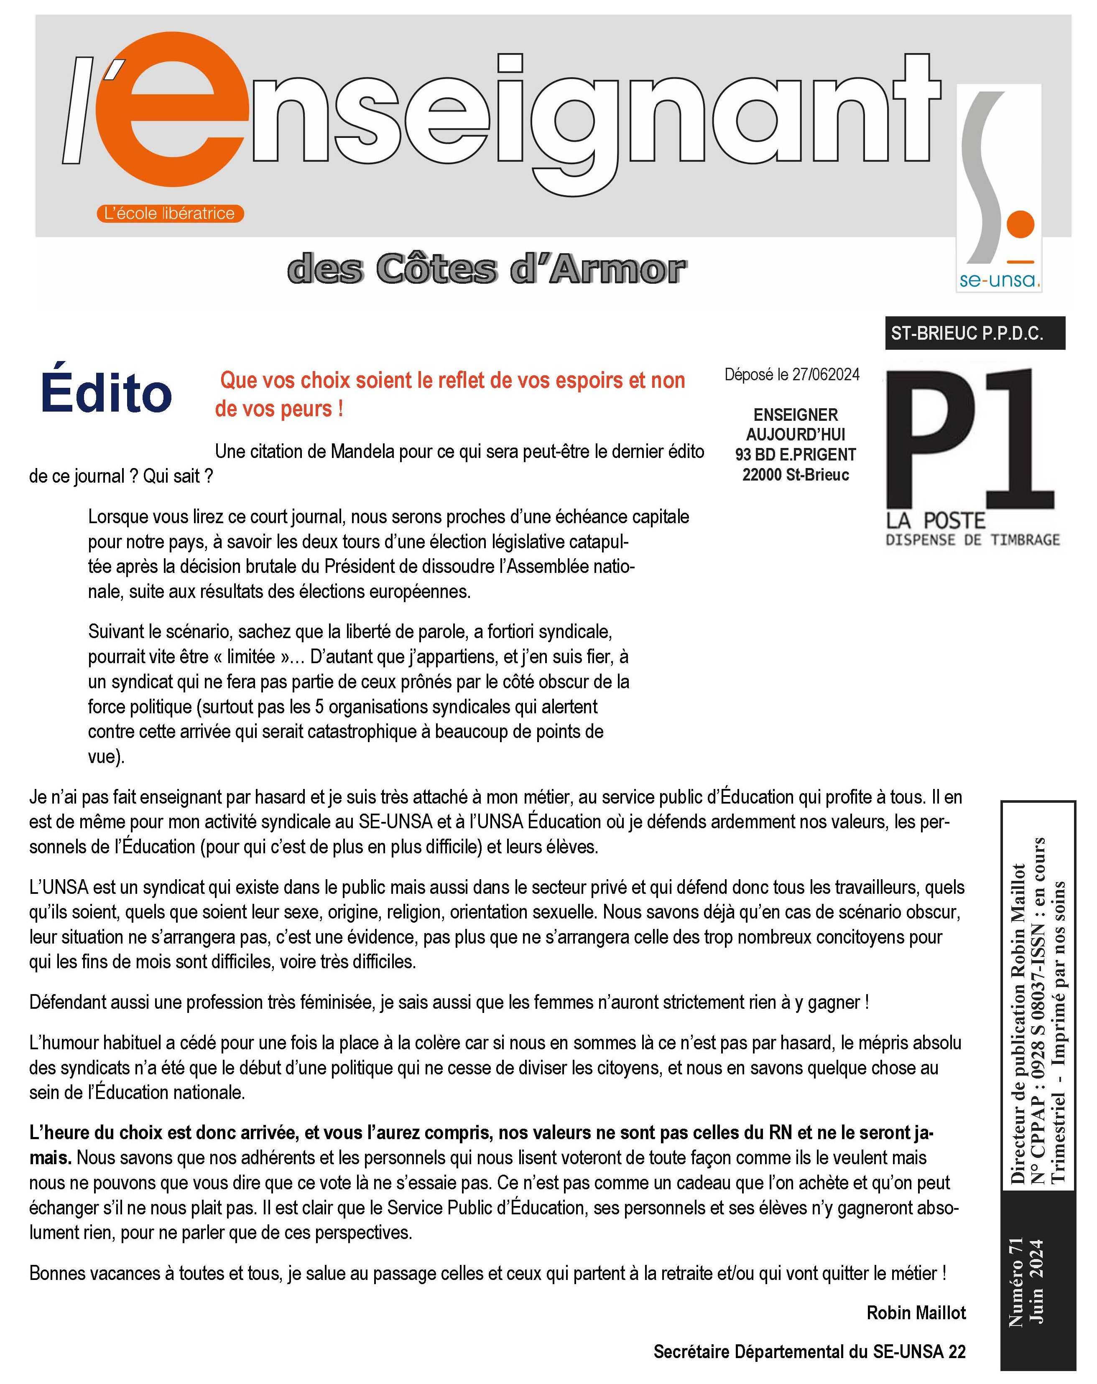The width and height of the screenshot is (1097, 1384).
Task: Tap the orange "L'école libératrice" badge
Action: [x=170, y=213]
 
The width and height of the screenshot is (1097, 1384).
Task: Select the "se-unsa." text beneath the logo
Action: [x=999, y=280]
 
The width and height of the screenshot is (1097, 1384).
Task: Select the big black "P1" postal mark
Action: [x=970, y=440]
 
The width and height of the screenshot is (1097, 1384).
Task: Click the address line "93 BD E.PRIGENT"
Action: [x=795, y=455]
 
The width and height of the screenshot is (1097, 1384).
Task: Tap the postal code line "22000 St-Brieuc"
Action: [x=795, y=475]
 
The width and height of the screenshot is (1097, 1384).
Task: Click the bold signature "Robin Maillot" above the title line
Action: [x=916, y=1313]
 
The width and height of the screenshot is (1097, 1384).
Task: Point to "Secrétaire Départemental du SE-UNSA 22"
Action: [x=809, y=1352]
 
